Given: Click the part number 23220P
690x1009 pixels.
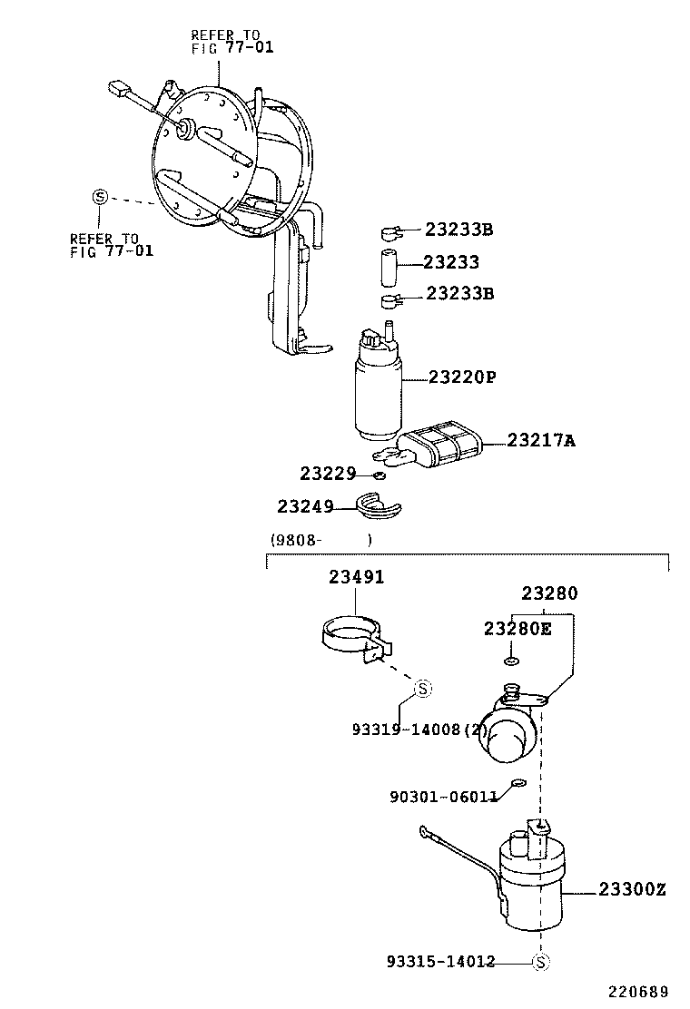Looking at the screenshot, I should (463, 377).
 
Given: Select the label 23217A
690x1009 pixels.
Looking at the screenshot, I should (541, 441).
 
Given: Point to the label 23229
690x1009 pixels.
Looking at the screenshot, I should (328, 474).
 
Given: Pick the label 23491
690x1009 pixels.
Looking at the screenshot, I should (356, 577).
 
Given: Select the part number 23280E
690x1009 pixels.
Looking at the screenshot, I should (517, 628).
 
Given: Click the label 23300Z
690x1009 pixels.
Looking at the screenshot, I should (632, 890).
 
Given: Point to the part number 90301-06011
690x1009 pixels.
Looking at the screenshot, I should (443, 797).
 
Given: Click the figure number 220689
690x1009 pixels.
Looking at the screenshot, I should (637, 991).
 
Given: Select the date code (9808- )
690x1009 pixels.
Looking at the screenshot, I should (320, 540).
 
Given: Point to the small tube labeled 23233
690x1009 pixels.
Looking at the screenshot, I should (389, 262).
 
